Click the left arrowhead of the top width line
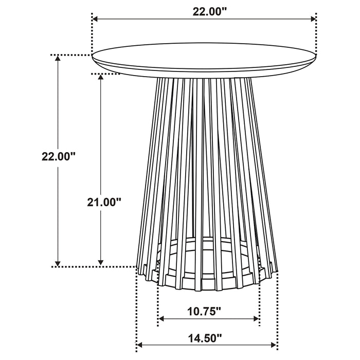[x=95, y=19]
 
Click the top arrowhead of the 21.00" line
[x=101, y=78]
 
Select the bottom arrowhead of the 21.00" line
[x=101, y=262]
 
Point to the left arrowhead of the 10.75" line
[x=161, y=319]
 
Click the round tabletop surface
[x=203, y=56]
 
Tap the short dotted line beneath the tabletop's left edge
[x=105, y=74]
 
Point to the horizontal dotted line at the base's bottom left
[x=95, y=266]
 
